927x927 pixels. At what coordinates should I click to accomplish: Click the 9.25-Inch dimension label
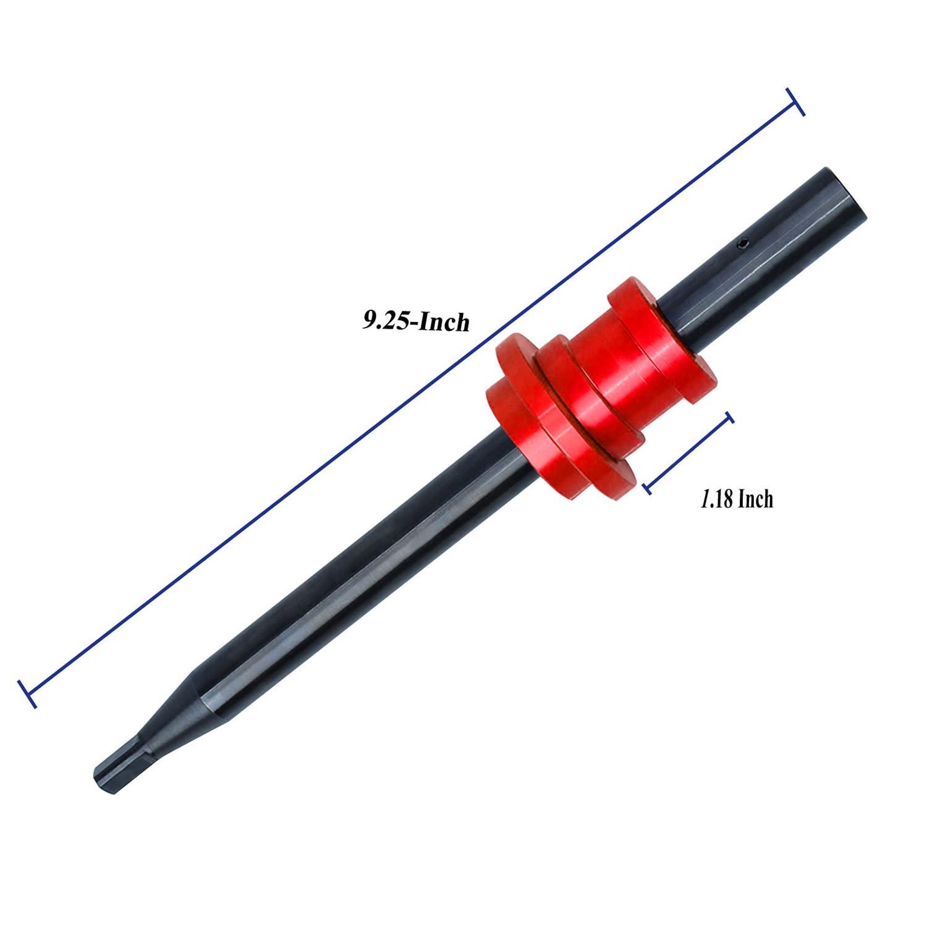pyautogui.click(x=415, y=321)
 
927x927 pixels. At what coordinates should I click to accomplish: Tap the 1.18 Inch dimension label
pyautogui.click(x=736, y=499)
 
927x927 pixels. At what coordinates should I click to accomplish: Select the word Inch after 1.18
pyautogui.click(x=755, y=499)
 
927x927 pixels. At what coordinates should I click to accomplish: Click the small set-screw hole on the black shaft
pyautogui.click(x=743, y=246)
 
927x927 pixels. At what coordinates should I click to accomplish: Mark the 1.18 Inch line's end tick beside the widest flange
pyautogui.click(x=646, y=488)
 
